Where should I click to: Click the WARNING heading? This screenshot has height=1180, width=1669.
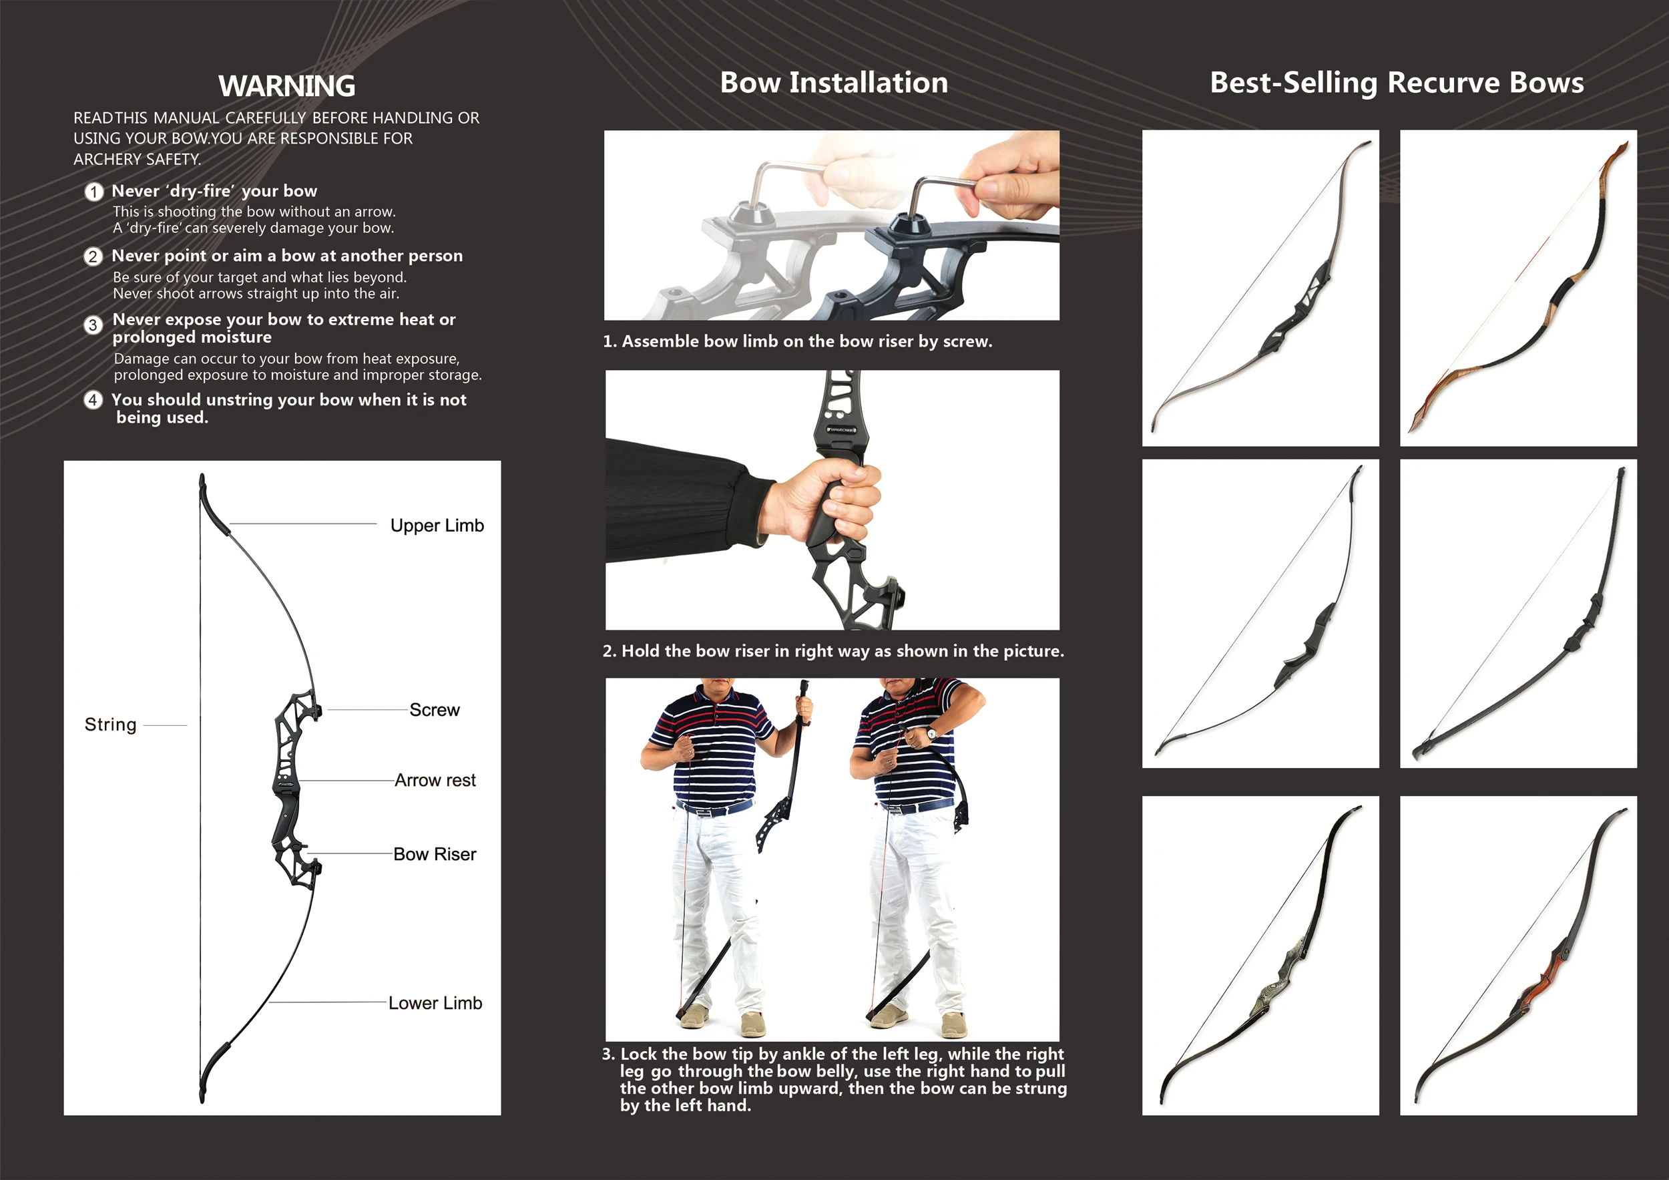click(286, 85)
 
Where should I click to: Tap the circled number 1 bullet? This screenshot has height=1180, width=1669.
click(93, 192)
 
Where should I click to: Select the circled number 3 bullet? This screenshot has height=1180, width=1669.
click(93, 325)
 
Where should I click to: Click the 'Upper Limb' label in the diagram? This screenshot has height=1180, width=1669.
click(436, 526)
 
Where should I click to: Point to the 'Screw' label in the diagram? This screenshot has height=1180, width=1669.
click(434, 710)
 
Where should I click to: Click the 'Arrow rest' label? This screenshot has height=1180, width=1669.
click(435, 780)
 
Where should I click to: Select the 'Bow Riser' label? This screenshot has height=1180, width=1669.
click(434, 854)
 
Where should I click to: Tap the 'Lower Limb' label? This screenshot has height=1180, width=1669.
click(435, 1003)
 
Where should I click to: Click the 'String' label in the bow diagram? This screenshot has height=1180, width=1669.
click(111, 725)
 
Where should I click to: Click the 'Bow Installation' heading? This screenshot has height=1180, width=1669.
click(833, 83)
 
